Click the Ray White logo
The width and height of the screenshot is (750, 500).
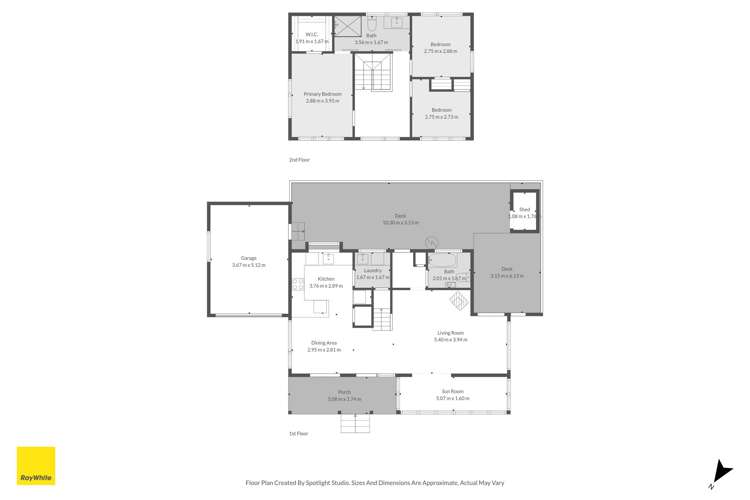pyautogui.click(x=34, y=463)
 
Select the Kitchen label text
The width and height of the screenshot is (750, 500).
pyautogui.click(x=326, y=282)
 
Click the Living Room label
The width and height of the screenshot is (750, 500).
pyautogui.click(x=451, y=336)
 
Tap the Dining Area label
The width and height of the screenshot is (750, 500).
pyautogui.click(x=322, y=347)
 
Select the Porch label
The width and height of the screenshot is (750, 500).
pyautogui.click(x=344, y=395)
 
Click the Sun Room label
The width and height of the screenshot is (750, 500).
pyautogui.click(x=452, y=395)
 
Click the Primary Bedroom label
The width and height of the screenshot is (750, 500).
pyautogui.click(x=323, y=97)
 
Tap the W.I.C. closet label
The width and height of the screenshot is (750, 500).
pyautogui.click(x=311, y=37)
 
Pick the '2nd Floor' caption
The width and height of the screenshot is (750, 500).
pyautogui.click(x=299, y=160)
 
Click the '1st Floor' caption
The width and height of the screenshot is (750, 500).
pyautogui.click(x=299, y=433)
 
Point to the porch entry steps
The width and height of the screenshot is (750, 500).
pyautogui.click(x=355, y=424)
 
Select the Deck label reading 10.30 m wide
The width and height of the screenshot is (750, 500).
pyautogui.click(x=399, y=219)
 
